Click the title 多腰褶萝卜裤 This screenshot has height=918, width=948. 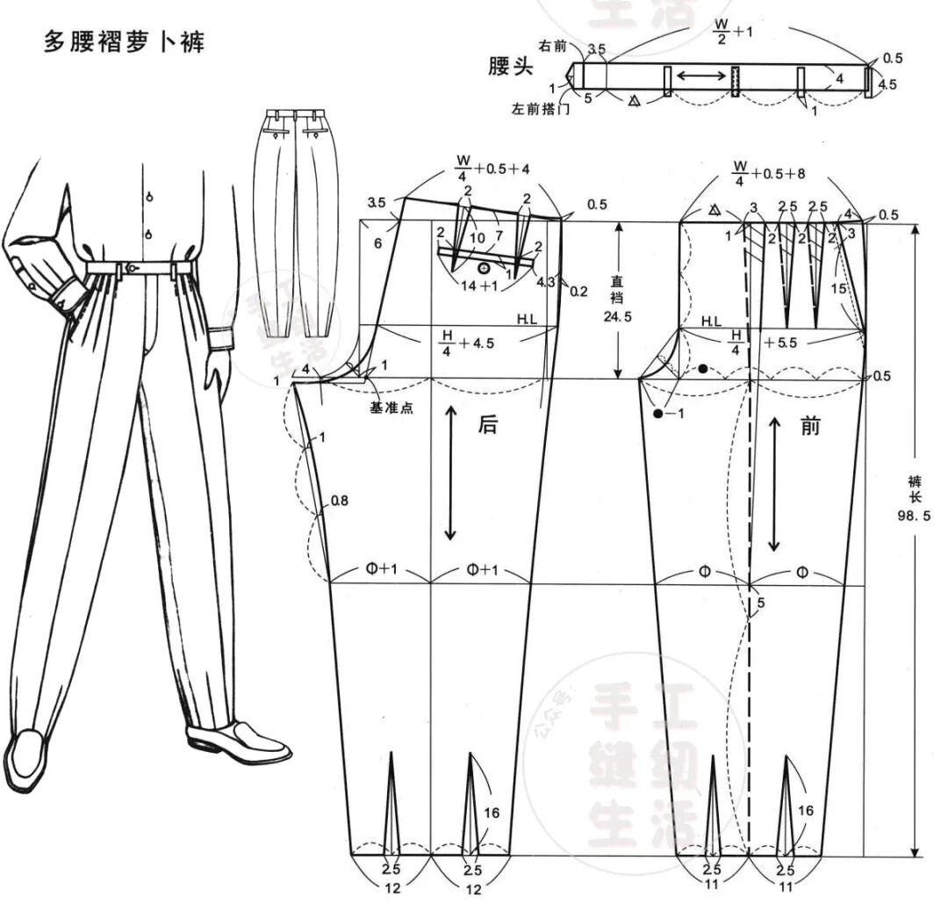[x=124, y=41]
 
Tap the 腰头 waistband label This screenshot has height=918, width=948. [x=511, y=67]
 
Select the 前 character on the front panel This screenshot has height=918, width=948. [x=810, y=426]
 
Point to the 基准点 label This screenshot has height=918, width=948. [x=393, y=408]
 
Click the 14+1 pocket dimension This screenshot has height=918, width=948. [x=479, y=286]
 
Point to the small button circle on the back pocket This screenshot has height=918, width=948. [x=483, y=267]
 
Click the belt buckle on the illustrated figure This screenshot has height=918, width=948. [x=131, y=267]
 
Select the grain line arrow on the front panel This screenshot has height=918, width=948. [x=774, y=483]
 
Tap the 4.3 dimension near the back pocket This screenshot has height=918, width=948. [x=544, y=282]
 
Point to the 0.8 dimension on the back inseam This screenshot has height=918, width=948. [x=339, y=502]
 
